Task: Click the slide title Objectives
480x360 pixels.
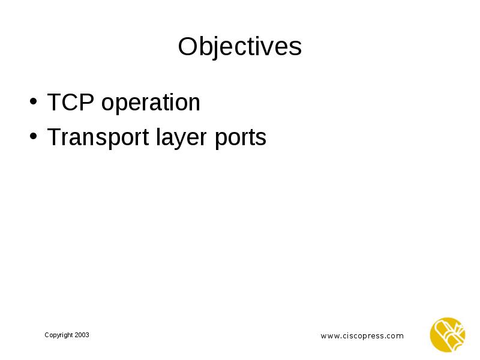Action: [x=239, y=47]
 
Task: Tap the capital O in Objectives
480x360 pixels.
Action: [x=188, y=47]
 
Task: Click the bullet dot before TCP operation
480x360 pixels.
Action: [x=34, y=103]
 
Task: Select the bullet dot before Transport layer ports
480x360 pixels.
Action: [x=34, y=138]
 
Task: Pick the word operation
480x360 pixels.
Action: [x=151, y=104]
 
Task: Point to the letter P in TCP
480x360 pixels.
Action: [x=88, y=103]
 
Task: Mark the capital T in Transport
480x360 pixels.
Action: [x=54, y=137]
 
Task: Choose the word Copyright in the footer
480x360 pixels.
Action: [x=59, y=335]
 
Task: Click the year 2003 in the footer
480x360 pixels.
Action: [x=82, y=335]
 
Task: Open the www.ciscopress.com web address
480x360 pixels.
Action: [x=362, y=336]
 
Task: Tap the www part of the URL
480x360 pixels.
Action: [x=329, y=336]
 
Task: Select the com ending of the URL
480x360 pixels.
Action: [x=395, y=336]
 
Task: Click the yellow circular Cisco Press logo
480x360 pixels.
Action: [x=448, y=334]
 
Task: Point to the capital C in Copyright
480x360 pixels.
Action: [x=47, y=335]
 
